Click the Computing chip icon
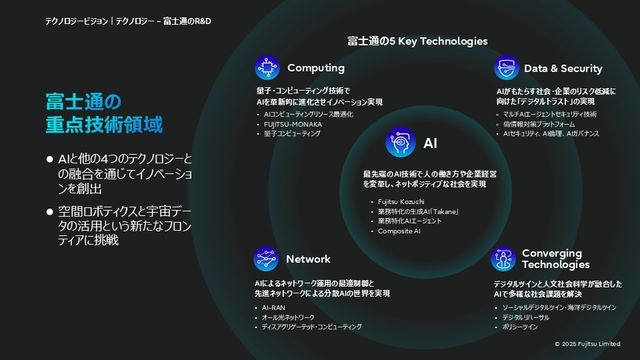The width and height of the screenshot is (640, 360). pos(267,67)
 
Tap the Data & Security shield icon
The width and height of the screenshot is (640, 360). pos(506,68)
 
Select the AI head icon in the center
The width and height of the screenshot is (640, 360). pos(400,142)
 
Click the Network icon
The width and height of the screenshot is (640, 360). pos(265,259)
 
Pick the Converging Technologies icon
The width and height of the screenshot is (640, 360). pos(503,259)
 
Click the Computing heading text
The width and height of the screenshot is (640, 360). pos(315,68)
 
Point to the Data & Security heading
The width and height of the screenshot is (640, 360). pos(563,69)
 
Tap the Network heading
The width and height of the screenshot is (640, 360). pos(308,259)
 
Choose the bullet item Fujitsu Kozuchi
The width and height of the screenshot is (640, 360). pos(401,202)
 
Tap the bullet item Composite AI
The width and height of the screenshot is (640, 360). pos(399,231)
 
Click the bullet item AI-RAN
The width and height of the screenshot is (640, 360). pos(273,308)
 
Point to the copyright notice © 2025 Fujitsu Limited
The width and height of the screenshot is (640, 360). pos(587,344)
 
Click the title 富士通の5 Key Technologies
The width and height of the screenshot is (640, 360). pos(417,41)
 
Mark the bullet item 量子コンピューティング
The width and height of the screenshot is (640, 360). pos(292,133)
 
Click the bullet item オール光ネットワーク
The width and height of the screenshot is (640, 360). pos(288,317)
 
